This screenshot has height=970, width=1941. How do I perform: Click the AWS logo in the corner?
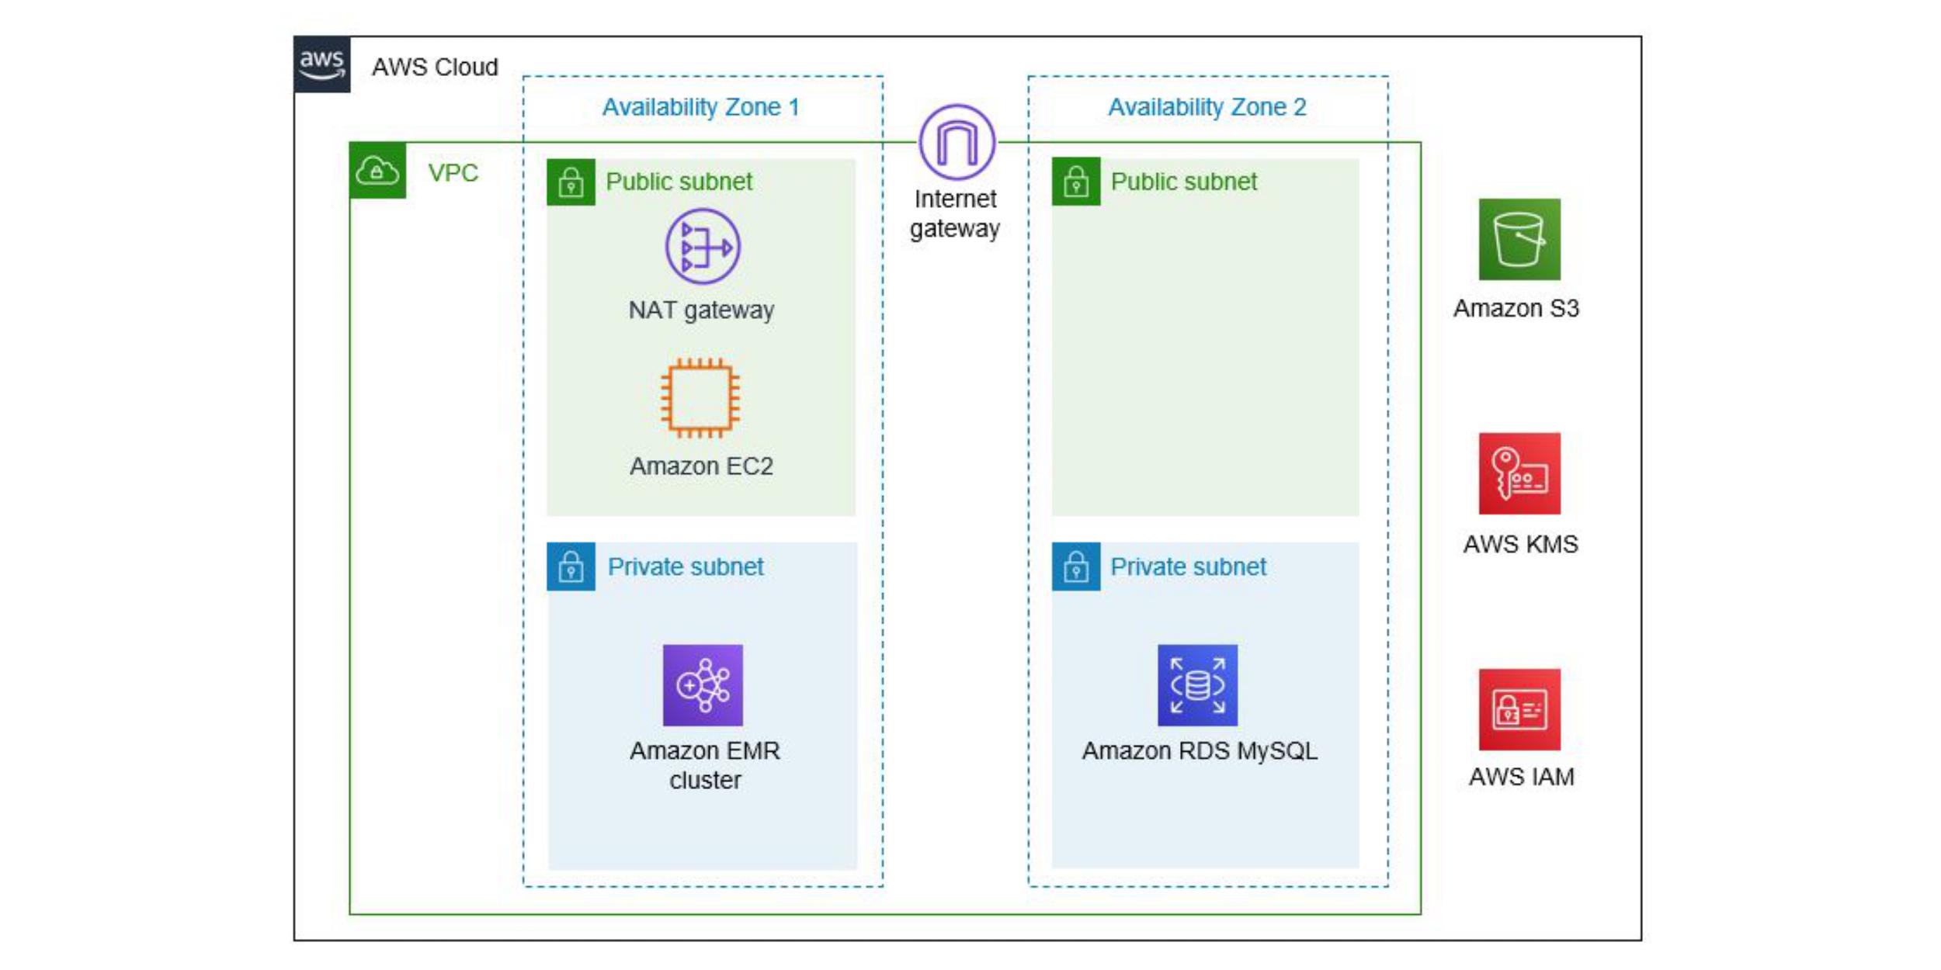click(x=322, y=64)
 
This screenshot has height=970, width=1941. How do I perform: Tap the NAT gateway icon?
click(x=703, y=247)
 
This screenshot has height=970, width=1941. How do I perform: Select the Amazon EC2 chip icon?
click(x=700, y=398)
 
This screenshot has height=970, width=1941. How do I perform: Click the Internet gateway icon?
click(x=957, y=143)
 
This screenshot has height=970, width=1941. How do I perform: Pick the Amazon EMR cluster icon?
click(x=703, y=685)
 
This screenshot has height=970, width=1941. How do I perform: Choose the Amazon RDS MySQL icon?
click(x=1197, y=685)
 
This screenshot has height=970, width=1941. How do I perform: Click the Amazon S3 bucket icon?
click(x=1519, y=239)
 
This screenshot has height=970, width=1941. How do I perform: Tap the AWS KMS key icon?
click(x=1519, y=473)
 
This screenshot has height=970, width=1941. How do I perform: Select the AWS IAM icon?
click(x=1519, y=709)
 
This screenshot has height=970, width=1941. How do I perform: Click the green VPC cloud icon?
click(x=377, y=170)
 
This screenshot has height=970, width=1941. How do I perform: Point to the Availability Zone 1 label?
click(x=701, y=107)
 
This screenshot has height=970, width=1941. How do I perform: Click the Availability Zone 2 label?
click(x=1207, y=107)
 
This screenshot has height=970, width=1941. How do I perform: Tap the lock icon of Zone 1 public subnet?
click(x=571, y=182)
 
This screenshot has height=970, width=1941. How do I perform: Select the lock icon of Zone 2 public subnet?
click(x=1076, y=182)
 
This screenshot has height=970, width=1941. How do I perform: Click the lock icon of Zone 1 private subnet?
click(x=571, y=566)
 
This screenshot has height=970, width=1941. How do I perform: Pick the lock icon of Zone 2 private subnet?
click(x=1076, y=566)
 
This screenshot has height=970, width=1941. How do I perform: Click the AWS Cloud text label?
click(x=435, y=68)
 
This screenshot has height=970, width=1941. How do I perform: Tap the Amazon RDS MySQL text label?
click(x=1200, y=751)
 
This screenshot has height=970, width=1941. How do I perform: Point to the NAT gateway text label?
click(x=701, y=310)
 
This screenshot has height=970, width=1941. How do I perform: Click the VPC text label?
click(x=453, y=173)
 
